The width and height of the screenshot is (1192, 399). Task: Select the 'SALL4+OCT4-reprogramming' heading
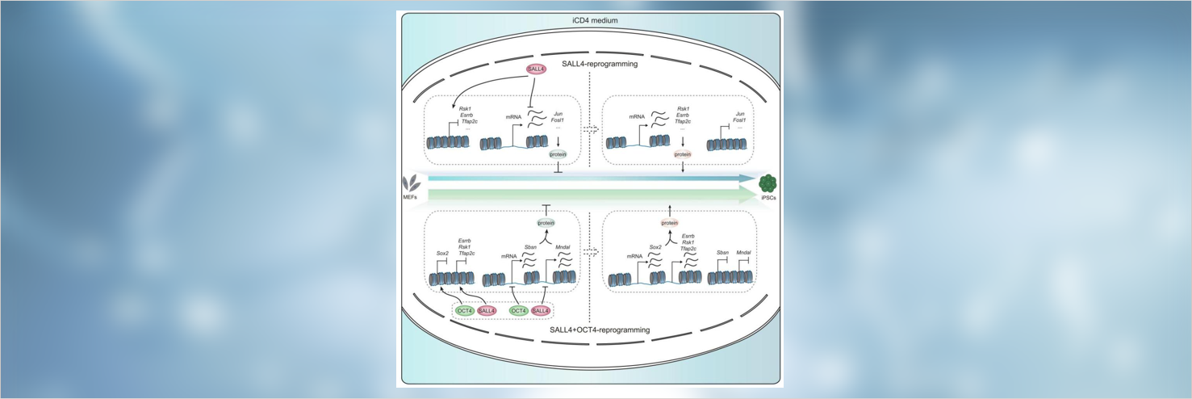[589, 330]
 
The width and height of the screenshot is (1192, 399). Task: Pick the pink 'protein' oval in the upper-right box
[683, 153]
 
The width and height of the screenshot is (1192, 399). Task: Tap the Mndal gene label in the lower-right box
[743, 252]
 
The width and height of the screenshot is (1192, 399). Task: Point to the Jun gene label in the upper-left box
[558, 114]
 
